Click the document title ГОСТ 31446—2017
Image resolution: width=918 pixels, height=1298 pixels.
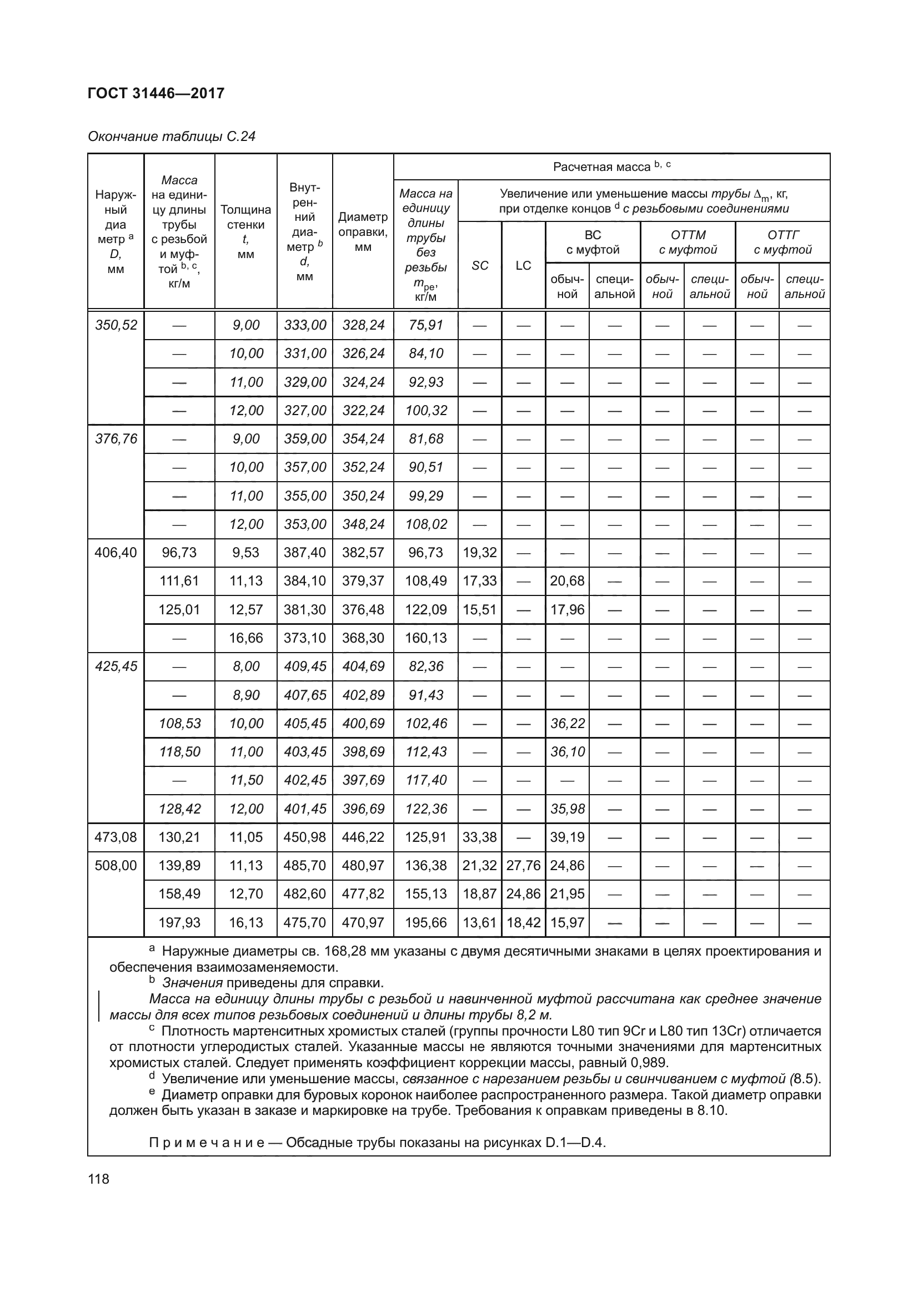156,93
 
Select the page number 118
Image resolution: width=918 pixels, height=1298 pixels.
98,1179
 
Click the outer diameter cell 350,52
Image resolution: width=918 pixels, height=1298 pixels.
116,325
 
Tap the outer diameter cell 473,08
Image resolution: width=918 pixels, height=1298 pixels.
116,837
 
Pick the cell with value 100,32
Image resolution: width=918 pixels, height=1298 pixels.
425,411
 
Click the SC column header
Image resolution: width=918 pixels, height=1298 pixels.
480,265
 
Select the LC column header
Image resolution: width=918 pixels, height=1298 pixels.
523,265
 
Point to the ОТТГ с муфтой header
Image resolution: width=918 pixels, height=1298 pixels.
783,242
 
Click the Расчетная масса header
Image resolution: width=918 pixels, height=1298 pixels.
611,166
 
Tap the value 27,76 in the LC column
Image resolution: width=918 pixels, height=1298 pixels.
523,866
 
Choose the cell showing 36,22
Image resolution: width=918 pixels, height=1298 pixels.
568,723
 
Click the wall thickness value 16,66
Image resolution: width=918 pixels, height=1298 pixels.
246,638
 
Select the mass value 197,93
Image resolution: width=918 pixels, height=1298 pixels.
179,922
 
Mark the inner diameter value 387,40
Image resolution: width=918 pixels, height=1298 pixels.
305,552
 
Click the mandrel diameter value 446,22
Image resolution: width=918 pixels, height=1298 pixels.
363,837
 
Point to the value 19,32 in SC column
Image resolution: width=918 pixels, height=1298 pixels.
480,552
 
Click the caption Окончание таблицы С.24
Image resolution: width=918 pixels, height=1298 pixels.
172,137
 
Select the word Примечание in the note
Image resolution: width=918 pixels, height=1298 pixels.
207,1143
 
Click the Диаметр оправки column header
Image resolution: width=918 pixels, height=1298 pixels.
363,232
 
